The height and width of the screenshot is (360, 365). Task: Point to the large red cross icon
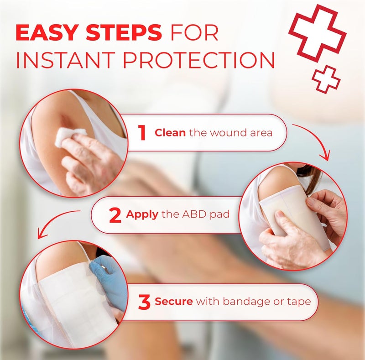(x=317, y=33)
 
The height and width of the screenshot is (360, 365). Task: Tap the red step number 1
(x=142, y=133)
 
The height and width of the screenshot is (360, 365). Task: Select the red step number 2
(x=115, y=215)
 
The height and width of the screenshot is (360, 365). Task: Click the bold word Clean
(x=170, y=133)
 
